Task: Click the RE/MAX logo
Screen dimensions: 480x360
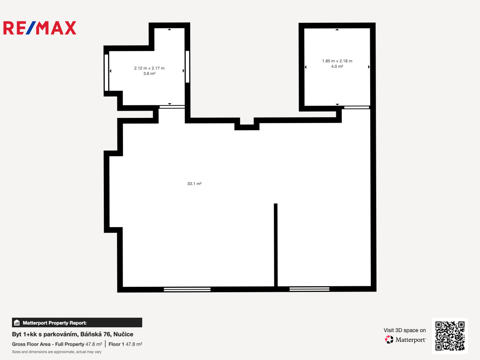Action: click(40, 28)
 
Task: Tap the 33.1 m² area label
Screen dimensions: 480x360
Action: click(194, 184)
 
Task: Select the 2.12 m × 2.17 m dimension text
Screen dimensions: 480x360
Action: click(149, 68)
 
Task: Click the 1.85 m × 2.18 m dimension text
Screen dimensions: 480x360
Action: click(337, 61)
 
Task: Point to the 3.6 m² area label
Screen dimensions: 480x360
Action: click(149, 74)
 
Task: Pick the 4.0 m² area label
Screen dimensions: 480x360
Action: click(337, 66)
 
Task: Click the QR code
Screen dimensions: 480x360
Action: click(450, 336)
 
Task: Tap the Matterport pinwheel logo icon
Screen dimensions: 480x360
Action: click(389, 339)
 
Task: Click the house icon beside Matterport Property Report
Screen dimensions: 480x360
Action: click(17, 323)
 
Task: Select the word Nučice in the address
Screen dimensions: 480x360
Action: click(123, 334)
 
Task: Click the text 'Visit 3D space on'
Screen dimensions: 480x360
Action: click(405, 330)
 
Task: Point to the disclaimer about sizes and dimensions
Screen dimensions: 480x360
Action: click(57, 352)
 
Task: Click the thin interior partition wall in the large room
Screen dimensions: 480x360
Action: click(276, 245)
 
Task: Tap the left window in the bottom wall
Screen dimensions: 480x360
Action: click(187, 289)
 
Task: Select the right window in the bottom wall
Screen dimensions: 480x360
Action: click(309, 289)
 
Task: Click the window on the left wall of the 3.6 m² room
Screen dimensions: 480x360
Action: click(106, 73)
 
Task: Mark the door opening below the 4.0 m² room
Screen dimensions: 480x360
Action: click(357, 108)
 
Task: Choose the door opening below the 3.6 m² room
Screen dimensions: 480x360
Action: click(172, 107)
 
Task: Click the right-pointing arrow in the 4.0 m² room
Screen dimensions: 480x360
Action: click(369, 67)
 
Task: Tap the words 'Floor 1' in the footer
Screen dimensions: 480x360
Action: click(116, 344)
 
